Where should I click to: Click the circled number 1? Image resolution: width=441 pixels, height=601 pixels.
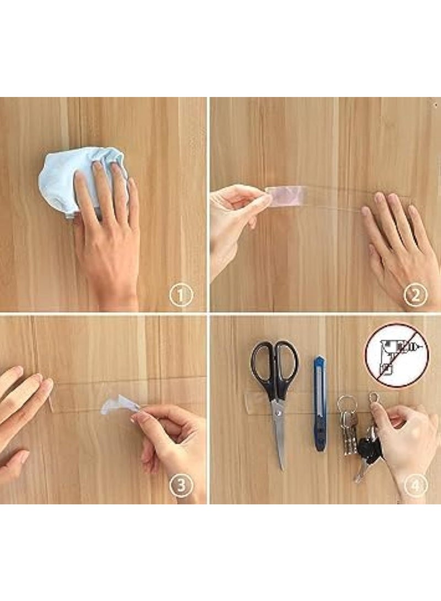tap(181, 295)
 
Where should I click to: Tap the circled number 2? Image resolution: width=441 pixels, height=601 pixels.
tap(416, 295)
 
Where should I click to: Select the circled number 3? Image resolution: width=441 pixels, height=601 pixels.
tap(181, 486)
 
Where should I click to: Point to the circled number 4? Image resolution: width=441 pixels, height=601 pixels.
tap(416, 486)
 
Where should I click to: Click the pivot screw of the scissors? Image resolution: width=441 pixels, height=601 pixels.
tap(279, 412)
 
